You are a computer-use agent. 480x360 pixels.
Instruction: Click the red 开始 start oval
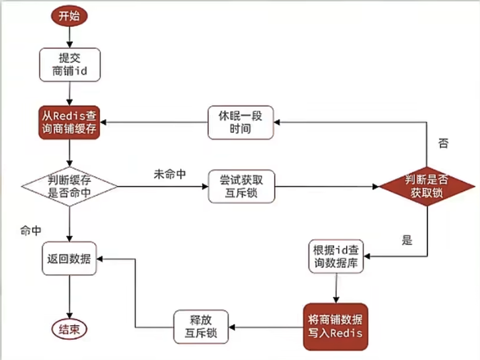pyautogui.click(x=69, y=16)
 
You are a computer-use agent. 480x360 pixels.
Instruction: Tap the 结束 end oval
pyautogui.click(x=69, y=329)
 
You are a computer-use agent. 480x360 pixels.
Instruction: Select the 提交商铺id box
pyautogui.click(x=70, y=64)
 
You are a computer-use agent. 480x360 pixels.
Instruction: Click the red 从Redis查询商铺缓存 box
pyautogui.click(x=69, y=122)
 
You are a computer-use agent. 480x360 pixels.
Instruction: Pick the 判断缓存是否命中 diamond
pyautogui.click(x=69, y=187)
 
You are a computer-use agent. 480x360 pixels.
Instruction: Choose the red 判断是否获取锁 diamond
pyautogui.click(x=427, y=186)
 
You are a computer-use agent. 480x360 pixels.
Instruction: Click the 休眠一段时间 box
pyautogui.click(x=241, y=122)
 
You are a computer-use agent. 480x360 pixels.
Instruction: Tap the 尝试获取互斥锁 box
pyautogui.click(x=241, y=186)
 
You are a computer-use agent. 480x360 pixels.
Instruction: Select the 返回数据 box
pyautogui.click(x=69, y=259)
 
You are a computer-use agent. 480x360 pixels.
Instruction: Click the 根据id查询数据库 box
pyautogui.click(x=336, y=257)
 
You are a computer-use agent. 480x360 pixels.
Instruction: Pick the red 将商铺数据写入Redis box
pyautogui.click(x=335, y=326)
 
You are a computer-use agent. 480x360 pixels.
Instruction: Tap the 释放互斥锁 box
pyautogui.click(x=201, y=326)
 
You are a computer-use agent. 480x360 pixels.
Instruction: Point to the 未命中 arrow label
pyautogui.click(x=170, y=175)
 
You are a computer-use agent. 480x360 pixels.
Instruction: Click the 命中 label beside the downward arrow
pyautogui.click(x=31, y=230)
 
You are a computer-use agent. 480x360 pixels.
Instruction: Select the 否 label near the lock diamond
pyautogui.click(x=444, y=143)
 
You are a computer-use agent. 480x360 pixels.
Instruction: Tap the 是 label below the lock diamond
pyautogui.click(x=407, y=240)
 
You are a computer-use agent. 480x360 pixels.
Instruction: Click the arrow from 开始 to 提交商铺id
pyautogui.click(x=69, y=37)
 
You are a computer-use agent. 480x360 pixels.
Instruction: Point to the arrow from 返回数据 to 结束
pyautogui.click(x=69, y=297)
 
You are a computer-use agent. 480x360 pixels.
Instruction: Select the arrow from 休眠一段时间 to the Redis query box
pyautogui.click(x=154, y=122)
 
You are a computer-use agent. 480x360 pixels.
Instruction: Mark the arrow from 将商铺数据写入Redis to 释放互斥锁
pyautogui.click(x=266, y=327)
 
